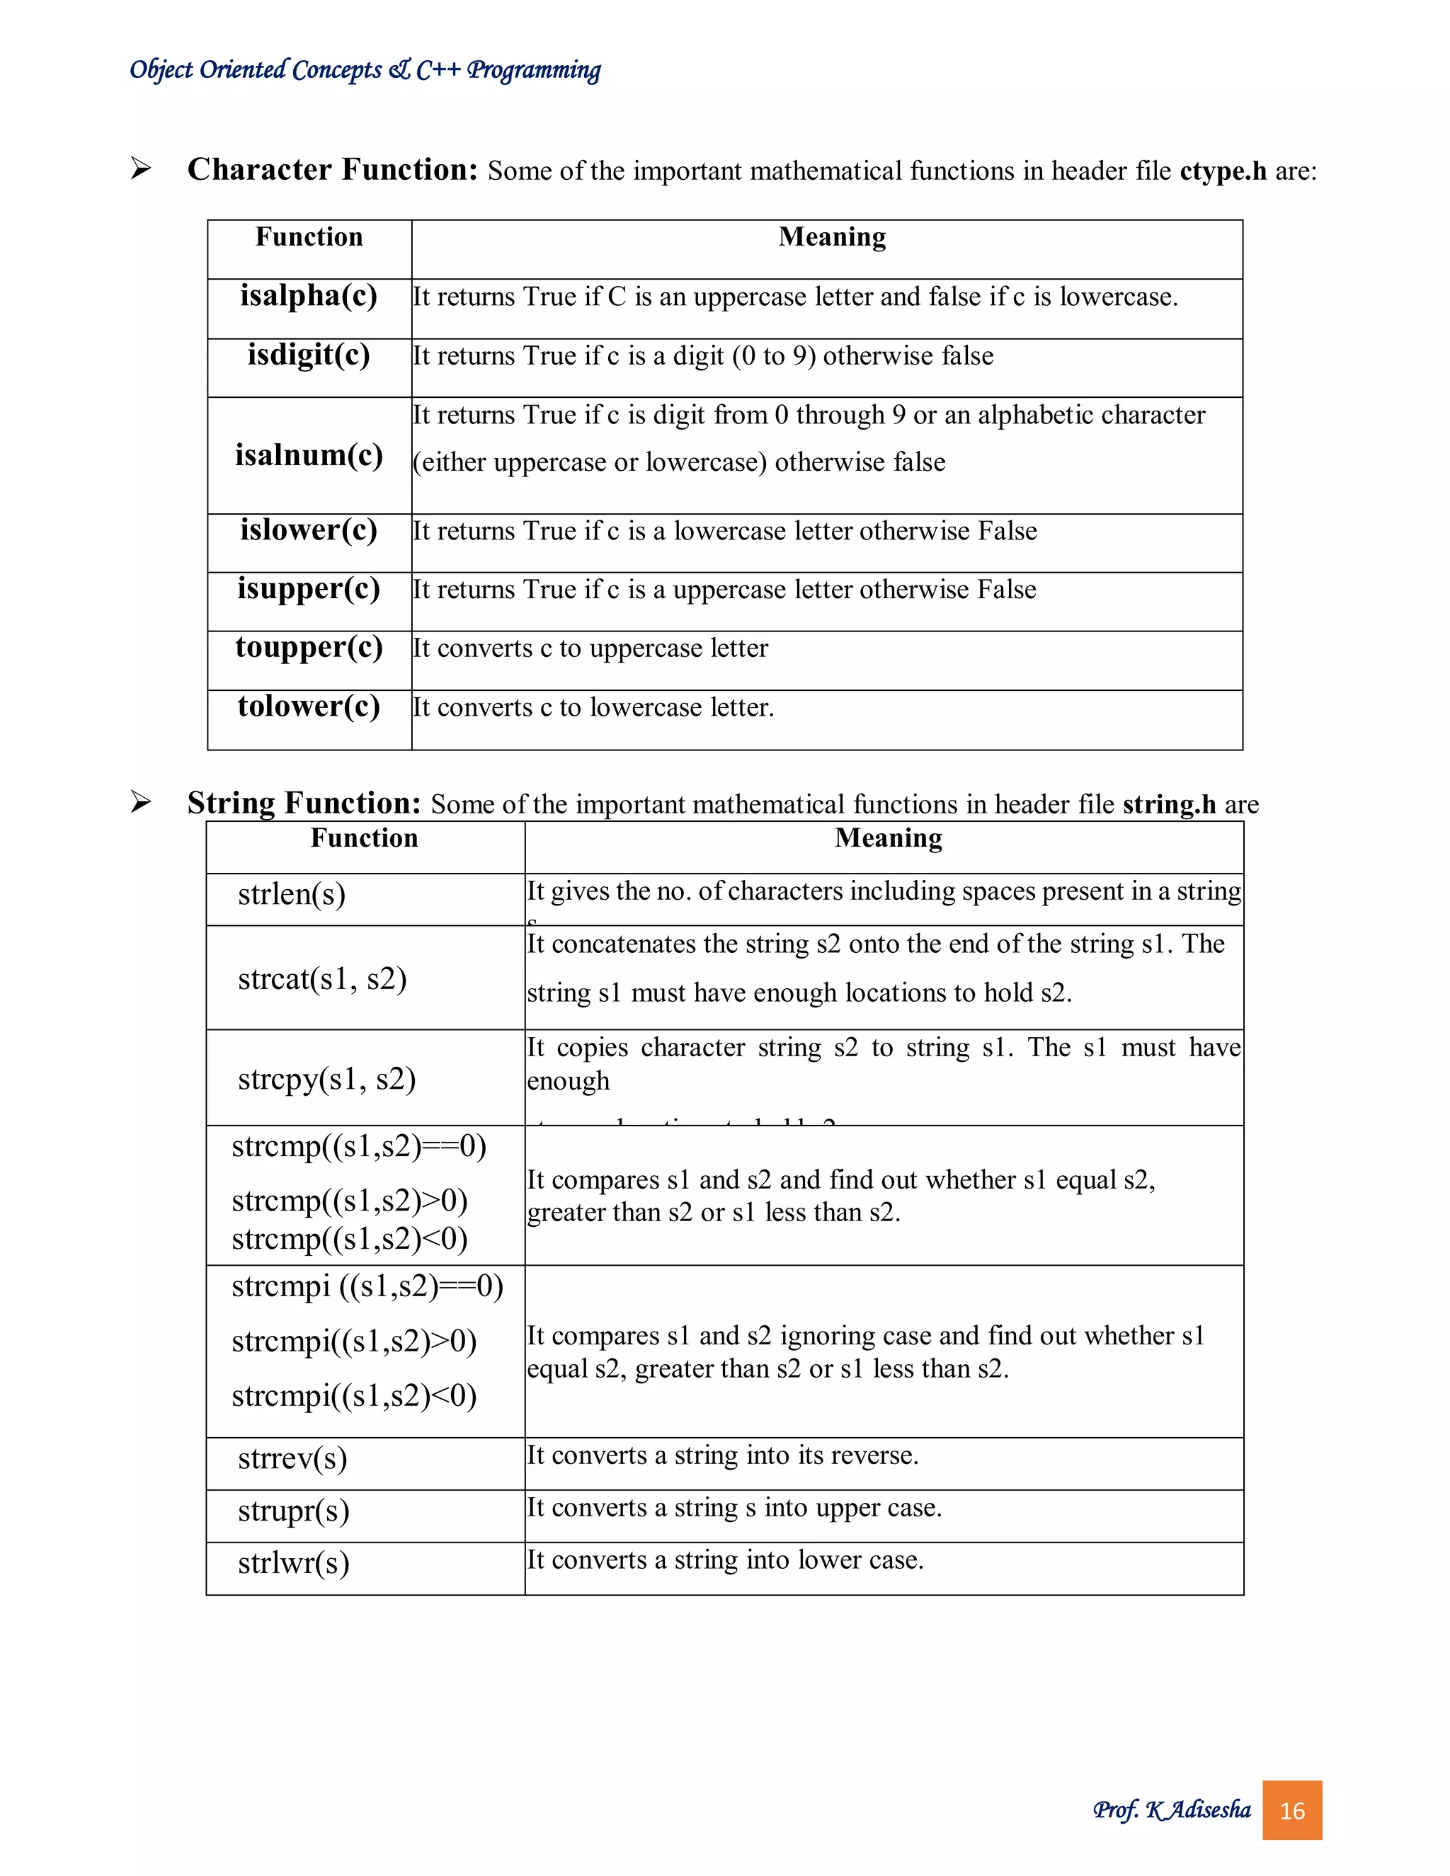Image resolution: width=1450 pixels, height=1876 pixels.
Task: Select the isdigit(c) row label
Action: pyautogui.click(x=309, y=355)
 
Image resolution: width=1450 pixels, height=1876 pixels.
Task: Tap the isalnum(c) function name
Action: pyautogui.click(x=309, y=454)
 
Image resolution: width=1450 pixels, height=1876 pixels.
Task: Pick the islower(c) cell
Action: pyautogui.click(x=309, y=530)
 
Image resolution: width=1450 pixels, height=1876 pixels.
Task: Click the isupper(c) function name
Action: pyautogui.click(x=309, y=589)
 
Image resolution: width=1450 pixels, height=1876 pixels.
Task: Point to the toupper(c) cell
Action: pyautogui.click(x=309, y=648)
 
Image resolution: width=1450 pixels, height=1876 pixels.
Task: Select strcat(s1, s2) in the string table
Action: pyautogui.click(x=322, y=978)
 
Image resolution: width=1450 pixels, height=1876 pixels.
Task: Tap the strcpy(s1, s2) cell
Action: pyautogui.click(x=326, y=1079)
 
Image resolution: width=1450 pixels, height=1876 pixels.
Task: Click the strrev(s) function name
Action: pyautogui.click(x=292, y=1458)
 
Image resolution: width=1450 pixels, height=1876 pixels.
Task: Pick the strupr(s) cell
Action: pyautogui.click(x=293, y=1511)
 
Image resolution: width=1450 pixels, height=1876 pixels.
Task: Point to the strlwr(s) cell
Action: pyautogui.click(x=293, y=1563)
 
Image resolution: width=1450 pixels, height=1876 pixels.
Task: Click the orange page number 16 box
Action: pyautogui.click(x=1291, y=1811)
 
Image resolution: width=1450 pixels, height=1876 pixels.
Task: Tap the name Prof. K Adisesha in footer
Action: pyautogui.click(x=1171, y=1810)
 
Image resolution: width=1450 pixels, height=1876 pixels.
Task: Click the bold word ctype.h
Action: pyautogui.click(x=1222, y=171)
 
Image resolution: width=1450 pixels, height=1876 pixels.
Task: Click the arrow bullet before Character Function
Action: pyautogui.click(x=141, y=168)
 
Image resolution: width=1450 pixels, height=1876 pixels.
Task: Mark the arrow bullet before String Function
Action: pyautogui.click(x=141, y=802)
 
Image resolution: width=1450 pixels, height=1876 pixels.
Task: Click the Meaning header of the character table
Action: pyautogui.click(x=831, y=237)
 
